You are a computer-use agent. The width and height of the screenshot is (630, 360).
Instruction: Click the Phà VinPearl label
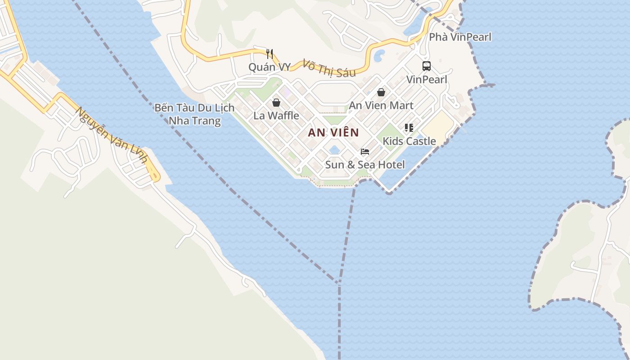[460, 37]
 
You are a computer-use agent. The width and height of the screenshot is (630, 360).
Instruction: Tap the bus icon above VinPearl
[426, 66]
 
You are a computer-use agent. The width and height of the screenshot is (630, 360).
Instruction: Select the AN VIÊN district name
[333, 132]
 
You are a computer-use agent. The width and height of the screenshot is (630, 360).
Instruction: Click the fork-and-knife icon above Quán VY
[270, 54]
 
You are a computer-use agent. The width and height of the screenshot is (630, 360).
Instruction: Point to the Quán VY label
[270, 67]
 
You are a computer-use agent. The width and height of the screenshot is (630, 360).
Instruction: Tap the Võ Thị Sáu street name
[329, 68]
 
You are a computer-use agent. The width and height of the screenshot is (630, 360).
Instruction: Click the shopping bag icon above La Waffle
[276, 103]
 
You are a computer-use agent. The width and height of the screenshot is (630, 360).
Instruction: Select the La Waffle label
[276, 116]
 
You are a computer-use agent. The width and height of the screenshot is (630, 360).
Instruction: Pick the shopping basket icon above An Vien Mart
[381, 92]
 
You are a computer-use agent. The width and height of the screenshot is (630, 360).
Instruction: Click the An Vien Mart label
[381, 105]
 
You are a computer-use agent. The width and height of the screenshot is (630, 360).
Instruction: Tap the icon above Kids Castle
[409, 128]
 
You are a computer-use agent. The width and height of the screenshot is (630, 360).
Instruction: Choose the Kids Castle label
[409, 141]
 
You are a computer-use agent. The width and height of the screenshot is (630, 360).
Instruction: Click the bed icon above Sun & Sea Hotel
[365, 152]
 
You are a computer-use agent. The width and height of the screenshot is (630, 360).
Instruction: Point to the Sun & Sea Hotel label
[365, 165]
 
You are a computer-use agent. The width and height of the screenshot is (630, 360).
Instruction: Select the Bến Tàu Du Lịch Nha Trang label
[194, 114]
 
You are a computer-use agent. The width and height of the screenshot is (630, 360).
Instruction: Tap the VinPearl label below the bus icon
[427, 80]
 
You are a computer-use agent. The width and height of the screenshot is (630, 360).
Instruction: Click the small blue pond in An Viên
[334, 150]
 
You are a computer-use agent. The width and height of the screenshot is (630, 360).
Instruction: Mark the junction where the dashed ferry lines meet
[338, 283]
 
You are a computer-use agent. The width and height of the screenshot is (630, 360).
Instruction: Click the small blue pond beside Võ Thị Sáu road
[379, 56]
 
